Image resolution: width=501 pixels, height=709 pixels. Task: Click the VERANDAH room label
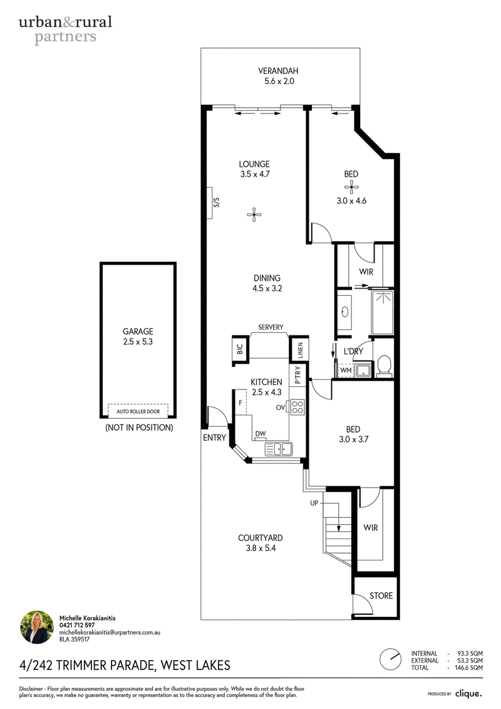[278, 71]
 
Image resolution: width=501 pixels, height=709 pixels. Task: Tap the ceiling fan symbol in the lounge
[254, 214]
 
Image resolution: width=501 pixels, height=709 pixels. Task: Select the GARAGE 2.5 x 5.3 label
[138, 337]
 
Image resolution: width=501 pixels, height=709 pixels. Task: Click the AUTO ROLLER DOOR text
[138, 411]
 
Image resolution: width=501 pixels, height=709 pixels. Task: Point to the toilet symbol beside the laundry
[384, 365]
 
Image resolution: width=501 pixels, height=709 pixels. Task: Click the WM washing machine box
[346, 370]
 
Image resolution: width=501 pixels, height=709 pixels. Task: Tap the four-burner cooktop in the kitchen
[297, 407]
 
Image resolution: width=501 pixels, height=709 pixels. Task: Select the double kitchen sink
[278, 449]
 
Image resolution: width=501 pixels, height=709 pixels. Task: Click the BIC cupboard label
[240, 349]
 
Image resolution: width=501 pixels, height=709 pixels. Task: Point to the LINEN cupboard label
[301, 350]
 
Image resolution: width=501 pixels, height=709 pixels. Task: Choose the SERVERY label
[271, 327]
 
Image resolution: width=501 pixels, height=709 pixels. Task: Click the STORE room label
[381, 596]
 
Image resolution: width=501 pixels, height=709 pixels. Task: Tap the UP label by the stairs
[314, 503]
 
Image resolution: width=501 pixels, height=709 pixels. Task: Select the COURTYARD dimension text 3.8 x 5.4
[261, 548]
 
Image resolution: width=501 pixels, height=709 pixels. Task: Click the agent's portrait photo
[36, 627]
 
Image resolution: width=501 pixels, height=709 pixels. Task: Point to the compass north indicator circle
[390, 659]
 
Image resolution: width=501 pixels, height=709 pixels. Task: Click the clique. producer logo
[468, 693]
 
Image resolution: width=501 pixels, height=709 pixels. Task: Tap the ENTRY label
[214, 438]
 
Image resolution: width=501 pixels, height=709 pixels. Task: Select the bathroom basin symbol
[344, 312]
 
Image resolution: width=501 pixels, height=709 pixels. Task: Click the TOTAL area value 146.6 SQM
[469, 668]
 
